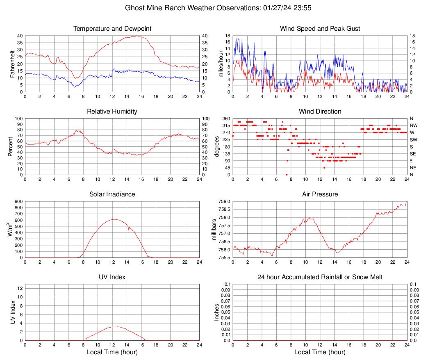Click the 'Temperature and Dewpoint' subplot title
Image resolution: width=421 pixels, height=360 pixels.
point(112,29)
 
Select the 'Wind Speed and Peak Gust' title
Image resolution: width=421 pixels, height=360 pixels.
point(320,29)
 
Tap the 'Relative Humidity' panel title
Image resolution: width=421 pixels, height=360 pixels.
point(112,112)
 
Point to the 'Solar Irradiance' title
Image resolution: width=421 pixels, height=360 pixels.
point(112,194)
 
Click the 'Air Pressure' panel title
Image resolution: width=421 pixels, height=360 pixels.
point(320,194)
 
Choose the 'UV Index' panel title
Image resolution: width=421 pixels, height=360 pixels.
point(112,277)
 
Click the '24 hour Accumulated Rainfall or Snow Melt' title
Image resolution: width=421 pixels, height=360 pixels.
point(320,277)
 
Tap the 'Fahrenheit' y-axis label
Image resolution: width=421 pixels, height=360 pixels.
point(12,64)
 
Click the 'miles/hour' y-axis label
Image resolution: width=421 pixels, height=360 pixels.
point(221,64)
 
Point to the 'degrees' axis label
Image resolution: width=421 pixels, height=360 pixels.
point(217,147)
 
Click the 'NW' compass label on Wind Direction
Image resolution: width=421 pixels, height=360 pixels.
point(413,125)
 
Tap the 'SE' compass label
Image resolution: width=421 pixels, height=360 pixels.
point(413,154)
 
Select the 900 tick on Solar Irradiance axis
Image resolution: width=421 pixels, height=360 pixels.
point(18,202)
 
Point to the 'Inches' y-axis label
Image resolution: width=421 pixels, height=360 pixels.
point(217,312)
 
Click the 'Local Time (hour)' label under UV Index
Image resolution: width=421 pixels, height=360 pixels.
point(112,352)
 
